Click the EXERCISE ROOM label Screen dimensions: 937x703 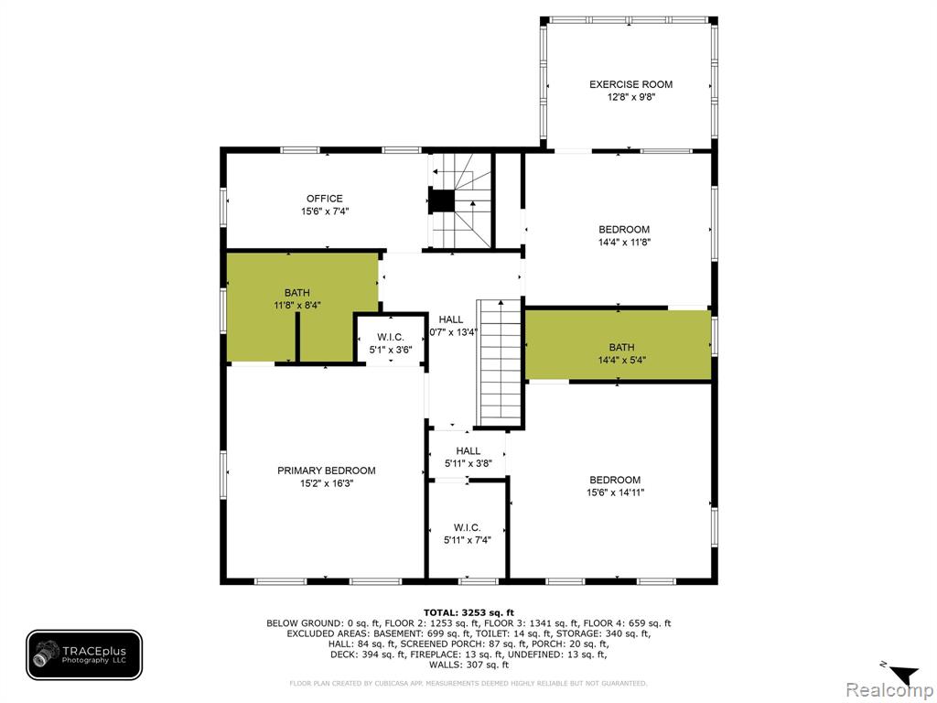tap(630, 84)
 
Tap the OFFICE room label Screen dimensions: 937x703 tap(325, 199)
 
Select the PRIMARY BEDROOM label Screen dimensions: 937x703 tap(327, 470)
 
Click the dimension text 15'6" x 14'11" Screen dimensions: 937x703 tap(615, 492)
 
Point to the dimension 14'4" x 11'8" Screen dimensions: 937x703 tap(624, 242)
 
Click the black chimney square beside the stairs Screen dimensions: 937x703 tap(442, 200)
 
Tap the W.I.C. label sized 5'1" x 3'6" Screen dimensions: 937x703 tap(390, 337)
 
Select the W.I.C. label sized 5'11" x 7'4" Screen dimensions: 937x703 tap(467, 527)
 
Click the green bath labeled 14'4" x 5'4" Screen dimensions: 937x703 tap(619, 345)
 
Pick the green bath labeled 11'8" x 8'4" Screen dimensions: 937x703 tap(302, 308)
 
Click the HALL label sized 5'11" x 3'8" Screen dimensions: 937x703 tap(468, 450)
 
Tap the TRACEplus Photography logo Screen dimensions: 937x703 tap(84, 655)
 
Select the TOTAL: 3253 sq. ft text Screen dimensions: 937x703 tap(468, 612)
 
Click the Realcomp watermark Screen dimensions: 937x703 tap(889, 690)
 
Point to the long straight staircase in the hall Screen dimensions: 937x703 tap(500, 362)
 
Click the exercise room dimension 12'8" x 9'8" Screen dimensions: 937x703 tap(631, 97)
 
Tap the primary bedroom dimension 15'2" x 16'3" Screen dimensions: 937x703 tap(327, 483)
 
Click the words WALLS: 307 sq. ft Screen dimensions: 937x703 tap(468, 665)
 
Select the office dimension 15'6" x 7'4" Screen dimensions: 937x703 tap(325, 211)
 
